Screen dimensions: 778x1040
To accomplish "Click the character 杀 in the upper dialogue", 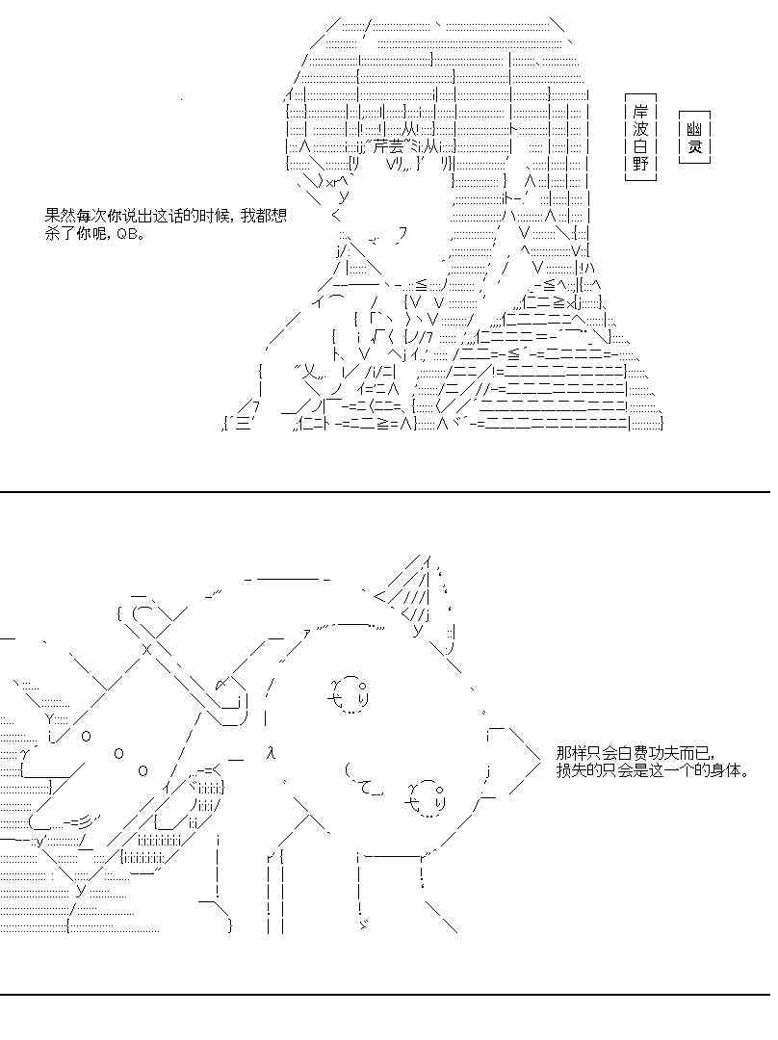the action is coord(52,234).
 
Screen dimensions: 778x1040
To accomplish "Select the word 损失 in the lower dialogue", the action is coord(571,771).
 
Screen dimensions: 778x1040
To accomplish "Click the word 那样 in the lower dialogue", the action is coord(571,754).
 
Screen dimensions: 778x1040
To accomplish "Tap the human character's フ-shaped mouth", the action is coord(402,232).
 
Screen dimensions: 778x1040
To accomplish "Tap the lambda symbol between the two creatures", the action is coord(272,752).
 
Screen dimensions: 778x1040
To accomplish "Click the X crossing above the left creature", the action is coord(148,648).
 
